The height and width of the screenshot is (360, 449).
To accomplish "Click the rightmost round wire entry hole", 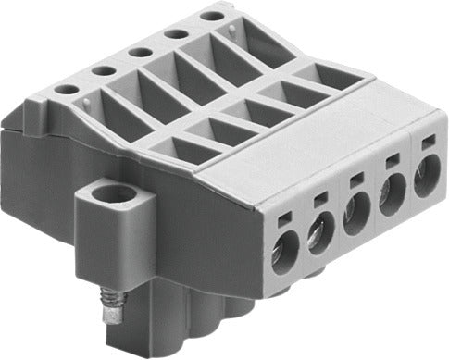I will (x=427, y=176).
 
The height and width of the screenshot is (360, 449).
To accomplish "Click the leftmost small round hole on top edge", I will (x=65, y=90).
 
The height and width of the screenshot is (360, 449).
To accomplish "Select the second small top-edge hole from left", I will (x=103, y=70).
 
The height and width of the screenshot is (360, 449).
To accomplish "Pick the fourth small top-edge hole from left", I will (x=176, y=33).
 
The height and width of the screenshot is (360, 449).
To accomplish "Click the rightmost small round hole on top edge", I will (x=212, y=16).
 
